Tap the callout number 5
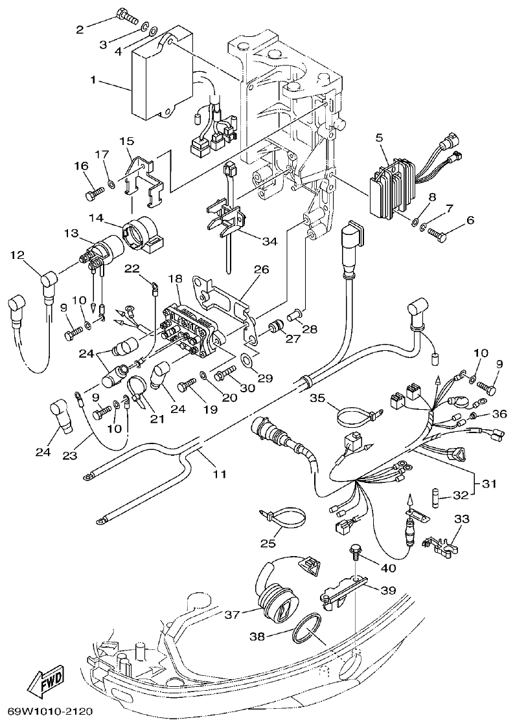pos(379,138)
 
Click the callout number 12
pos(16,255)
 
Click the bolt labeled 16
pos(94,192)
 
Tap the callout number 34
pos(270,241)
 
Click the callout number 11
pos(220,475)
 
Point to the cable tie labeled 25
pos(284,519)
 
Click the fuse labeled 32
pos(437,497)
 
